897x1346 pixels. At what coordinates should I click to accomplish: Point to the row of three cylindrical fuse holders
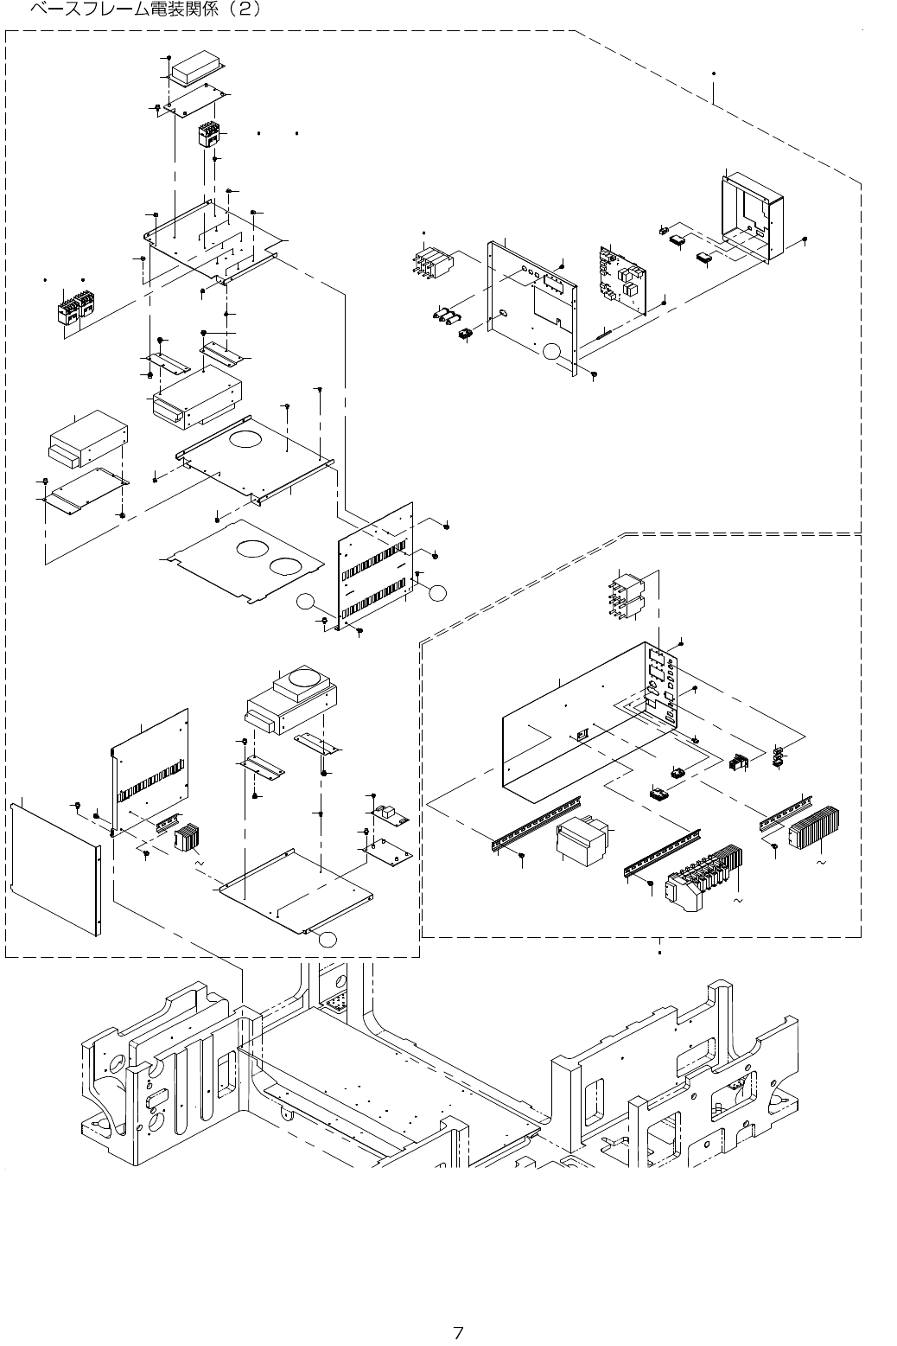coord(446,316)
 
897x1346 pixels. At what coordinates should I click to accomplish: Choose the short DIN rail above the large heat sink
coord(786,810)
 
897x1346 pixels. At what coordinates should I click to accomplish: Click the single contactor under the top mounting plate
coord(207,136)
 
